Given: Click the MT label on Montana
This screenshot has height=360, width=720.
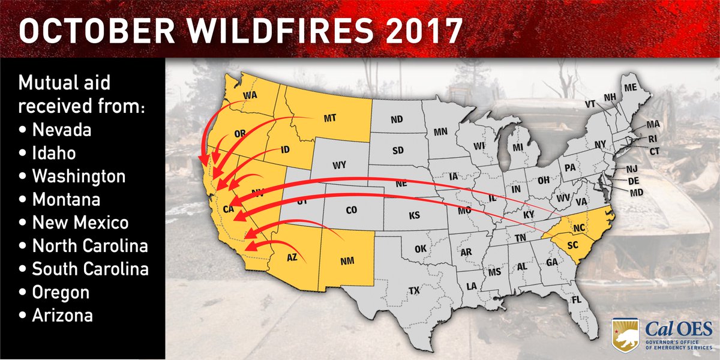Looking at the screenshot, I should point(329,118).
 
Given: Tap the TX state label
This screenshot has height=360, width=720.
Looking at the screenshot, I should point(414,291).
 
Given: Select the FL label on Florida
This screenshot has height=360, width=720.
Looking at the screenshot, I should point(577,299).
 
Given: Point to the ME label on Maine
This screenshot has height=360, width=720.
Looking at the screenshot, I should point(629,88).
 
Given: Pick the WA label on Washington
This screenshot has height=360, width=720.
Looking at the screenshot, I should point(250,95).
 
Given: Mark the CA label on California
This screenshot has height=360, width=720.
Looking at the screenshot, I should point(229,209).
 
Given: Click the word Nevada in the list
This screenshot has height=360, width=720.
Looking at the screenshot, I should point(62,130).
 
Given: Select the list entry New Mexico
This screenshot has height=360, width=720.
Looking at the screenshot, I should point(80,223).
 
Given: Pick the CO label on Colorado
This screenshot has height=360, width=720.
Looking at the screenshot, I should point(351,211).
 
